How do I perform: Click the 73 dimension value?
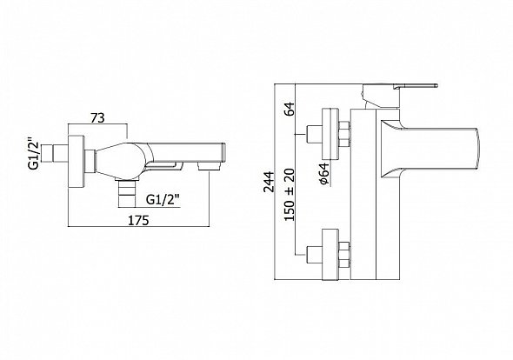tap(97, 117)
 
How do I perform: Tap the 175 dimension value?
tap(138, 220)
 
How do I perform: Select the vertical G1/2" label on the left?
tap(34, 156)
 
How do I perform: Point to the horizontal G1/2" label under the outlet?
tap(163, 199)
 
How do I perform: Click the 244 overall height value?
tap(270, 182)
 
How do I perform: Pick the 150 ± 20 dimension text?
tap(290, 195)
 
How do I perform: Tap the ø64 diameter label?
tap(325, 174)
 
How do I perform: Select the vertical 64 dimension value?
tap(290, 109)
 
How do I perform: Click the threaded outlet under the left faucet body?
tap(126, 194)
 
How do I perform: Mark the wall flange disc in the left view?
tap(77, 162)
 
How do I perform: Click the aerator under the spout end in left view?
tap(209, 167)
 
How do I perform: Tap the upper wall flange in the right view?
tap(331, 134)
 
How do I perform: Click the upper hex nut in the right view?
tap(345, 134)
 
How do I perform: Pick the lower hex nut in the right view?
tap(345, 255)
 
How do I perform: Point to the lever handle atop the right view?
tap(416, 86)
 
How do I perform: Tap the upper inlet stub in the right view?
tap(314, 134)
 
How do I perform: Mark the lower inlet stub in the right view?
tap(314, 255)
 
